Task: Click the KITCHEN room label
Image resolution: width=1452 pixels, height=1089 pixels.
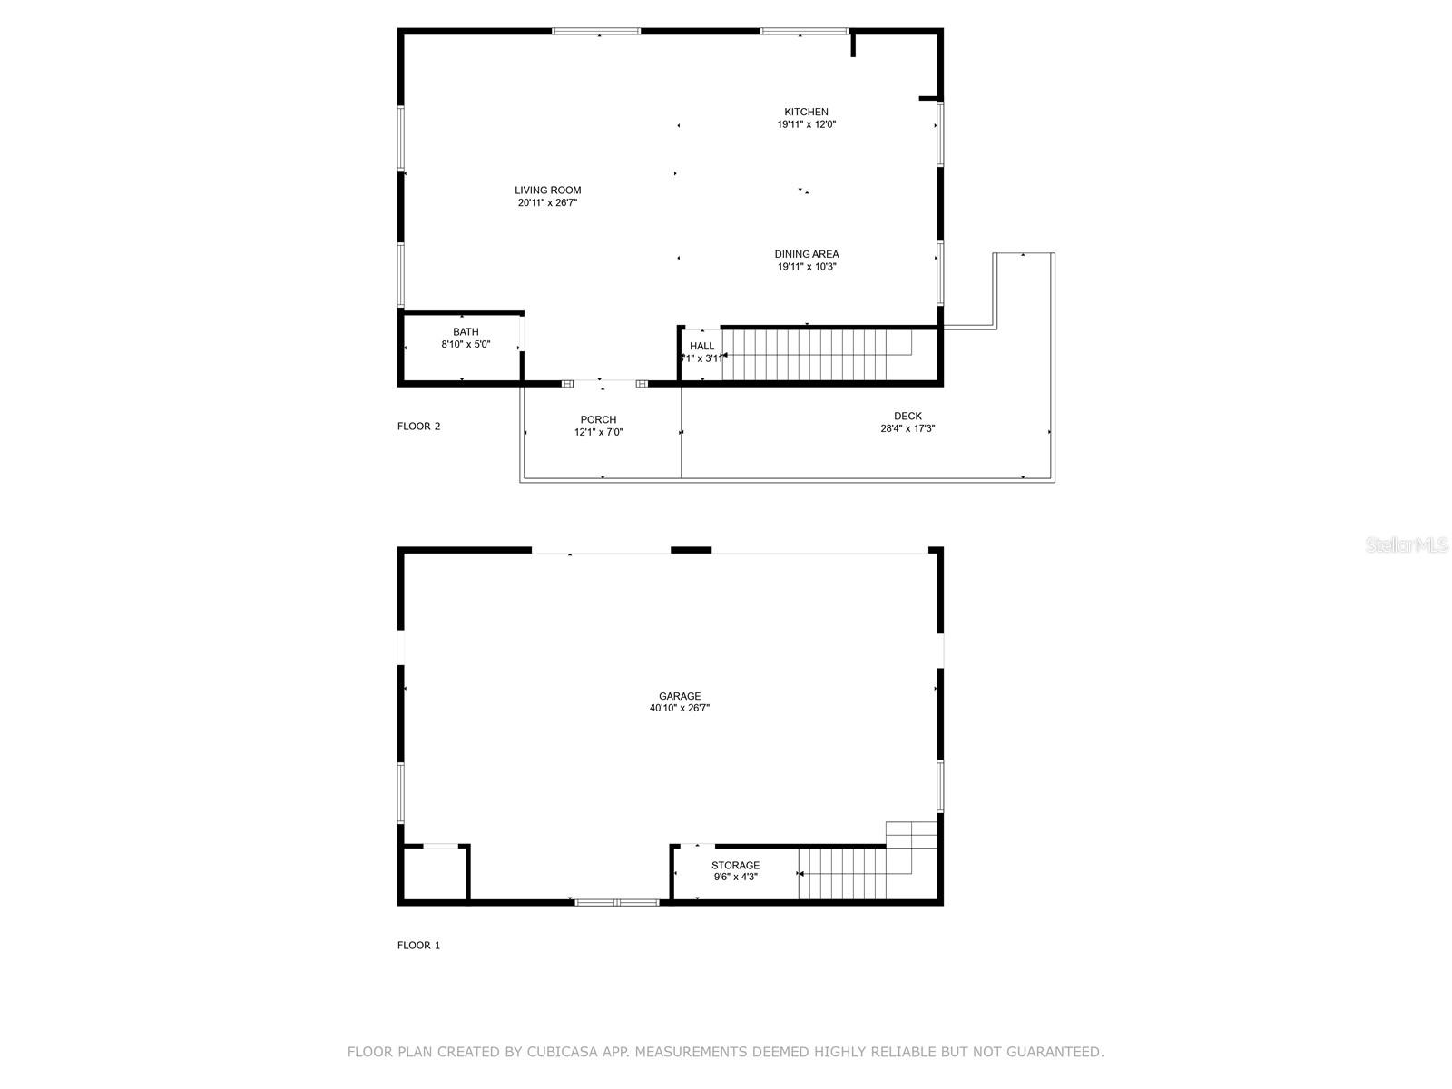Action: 806,112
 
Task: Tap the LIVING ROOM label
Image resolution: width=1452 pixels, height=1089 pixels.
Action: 547,191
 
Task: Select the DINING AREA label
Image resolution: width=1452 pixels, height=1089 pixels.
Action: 806,254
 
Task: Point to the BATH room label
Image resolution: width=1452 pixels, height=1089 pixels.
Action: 466,332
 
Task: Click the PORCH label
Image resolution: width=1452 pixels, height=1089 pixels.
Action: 598,419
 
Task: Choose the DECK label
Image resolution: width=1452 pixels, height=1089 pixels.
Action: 907,417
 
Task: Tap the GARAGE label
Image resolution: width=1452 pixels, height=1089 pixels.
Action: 680,696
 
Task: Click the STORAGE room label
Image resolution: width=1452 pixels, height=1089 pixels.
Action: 735,865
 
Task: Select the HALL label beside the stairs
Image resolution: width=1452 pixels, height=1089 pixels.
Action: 701,346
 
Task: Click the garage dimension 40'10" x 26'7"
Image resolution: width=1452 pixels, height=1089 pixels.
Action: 680,709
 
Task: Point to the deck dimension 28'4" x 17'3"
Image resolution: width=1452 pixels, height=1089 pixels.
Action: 907,428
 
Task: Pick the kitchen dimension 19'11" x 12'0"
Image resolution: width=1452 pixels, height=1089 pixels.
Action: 806,124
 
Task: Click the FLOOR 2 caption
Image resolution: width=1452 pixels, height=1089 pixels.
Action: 418,427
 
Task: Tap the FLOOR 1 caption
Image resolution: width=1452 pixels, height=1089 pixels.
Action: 418,946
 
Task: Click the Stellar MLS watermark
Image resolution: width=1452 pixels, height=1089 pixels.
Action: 1407,545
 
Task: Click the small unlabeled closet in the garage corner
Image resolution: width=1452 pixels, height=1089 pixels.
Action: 434,875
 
